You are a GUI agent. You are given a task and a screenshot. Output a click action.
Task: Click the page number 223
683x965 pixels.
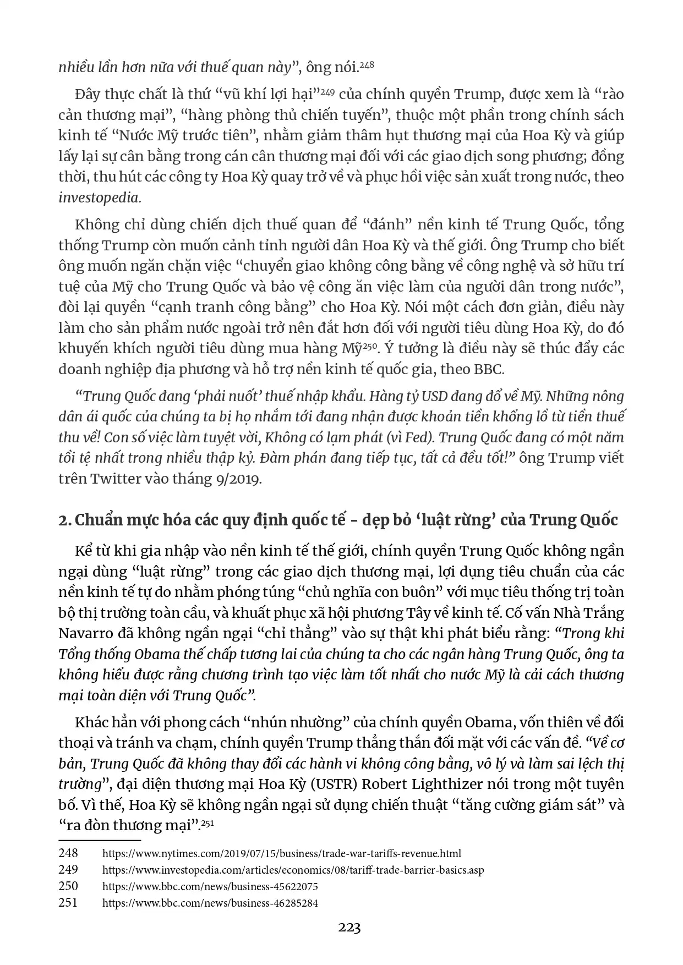pos(349,928)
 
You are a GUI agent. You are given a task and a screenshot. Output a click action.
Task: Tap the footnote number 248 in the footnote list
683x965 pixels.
pos(68,853)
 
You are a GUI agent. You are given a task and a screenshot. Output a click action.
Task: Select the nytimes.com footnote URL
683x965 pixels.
pos(281,854)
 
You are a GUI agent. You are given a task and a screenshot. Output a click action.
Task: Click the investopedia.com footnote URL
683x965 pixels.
pos(293,870)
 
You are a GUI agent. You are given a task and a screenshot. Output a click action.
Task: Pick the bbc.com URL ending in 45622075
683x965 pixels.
pos(210,887)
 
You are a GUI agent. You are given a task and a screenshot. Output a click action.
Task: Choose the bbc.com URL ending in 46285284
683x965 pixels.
pos(210,903)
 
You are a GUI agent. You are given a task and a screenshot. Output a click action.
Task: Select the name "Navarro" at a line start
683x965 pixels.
pos(85,633)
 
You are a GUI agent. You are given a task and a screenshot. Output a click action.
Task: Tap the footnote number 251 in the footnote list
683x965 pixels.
pos(68,903)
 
